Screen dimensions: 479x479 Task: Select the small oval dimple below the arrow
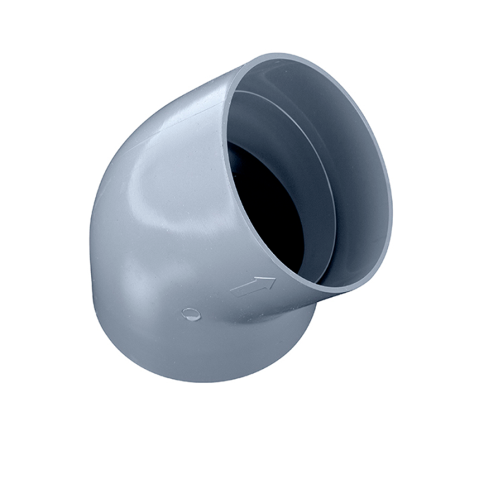tap(191, 315)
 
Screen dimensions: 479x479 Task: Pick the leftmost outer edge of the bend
tap(90, 233)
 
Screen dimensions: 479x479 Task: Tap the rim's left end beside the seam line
tap(227, 96)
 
